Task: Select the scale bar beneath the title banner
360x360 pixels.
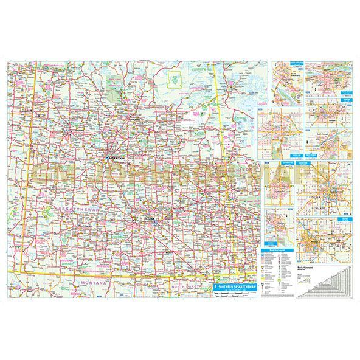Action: pos(237,291)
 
